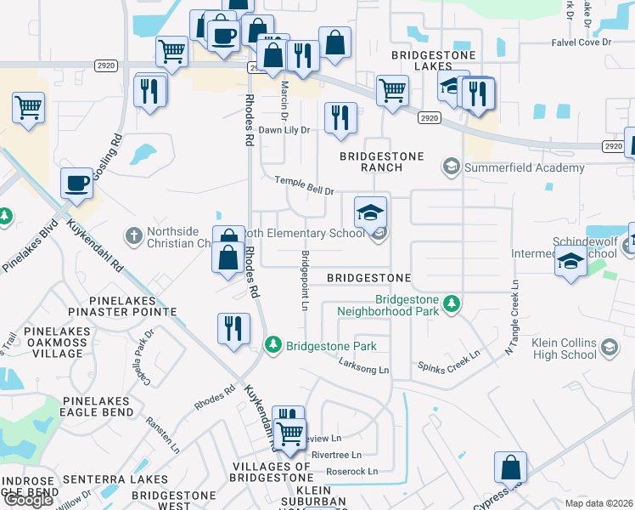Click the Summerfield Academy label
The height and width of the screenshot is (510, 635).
tap(524, 167)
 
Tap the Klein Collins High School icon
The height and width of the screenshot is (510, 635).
tap(609, 347)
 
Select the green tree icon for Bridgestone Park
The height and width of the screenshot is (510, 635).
tap(273, 345)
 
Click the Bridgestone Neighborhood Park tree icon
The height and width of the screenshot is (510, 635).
tap(452, 302)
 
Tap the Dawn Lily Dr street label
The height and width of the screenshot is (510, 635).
tap(284, 130)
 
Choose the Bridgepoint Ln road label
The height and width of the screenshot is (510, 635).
tap(303, 280)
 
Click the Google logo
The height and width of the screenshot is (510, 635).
tap(28, 499)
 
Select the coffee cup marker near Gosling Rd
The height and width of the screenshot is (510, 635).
tap(76, 183)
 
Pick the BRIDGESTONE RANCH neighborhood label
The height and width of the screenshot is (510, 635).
tap(369, 161)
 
